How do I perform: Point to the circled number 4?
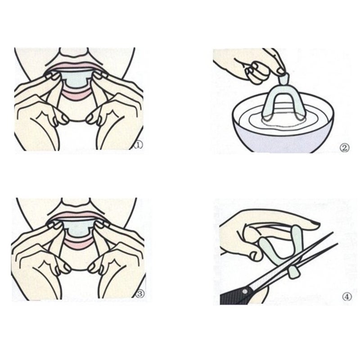[x=346, y=297]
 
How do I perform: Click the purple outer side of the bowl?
[x=288, y=142]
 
